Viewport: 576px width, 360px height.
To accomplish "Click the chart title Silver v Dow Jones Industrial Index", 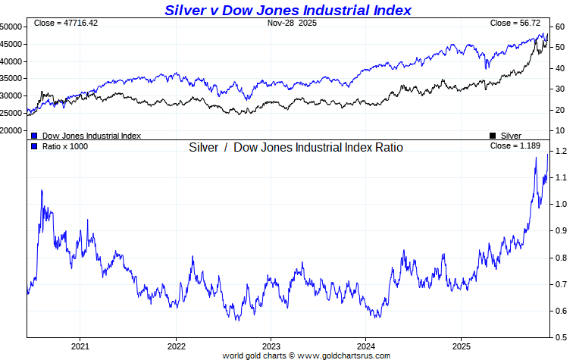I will pyautogui.click(x=288, y=10).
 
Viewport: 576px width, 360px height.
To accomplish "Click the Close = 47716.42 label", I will pyautogui.click(x=66, y=23).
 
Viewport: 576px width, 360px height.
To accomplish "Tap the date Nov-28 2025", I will pyautogui.click(x=292, y=23).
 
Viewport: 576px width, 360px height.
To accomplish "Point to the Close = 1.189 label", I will pyautogui.click(x=515, y=146).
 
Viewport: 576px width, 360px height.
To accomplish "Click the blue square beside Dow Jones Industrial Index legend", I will pyautogui.click(x=35, y=135).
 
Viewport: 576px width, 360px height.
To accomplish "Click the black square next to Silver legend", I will pyautogui.click(x=493, y=135).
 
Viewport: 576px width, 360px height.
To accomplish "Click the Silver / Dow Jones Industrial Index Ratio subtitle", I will pyautogui.click(x=296, y=147).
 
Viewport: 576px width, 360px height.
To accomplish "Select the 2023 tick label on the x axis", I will pyautogui.click(x=271, y=346).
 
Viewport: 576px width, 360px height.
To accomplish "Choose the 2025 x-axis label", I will pyautogui.click(x=462, y=346).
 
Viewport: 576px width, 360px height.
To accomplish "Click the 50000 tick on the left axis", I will pyautogui.click(x=11, y=27).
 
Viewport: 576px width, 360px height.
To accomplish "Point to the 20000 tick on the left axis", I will pyautogui.click(x=11, y=130).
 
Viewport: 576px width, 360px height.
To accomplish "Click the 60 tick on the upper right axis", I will pyautogui.click(x=559, y=27).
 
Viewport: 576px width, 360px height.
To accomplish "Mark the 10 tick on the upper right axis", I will pyautogui.click(x=559, y=130).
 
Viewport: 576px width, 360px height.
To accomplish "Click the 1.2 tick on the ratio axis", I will pyautogui.click(x=561, y=152).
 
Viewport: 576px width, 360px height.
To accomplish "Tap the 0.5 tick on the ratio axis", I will pyautogui.click(x=561, y=337).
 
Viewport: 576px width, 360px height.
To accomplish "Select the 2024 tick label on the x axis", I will pyautogui.click(x=366, y=346).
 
